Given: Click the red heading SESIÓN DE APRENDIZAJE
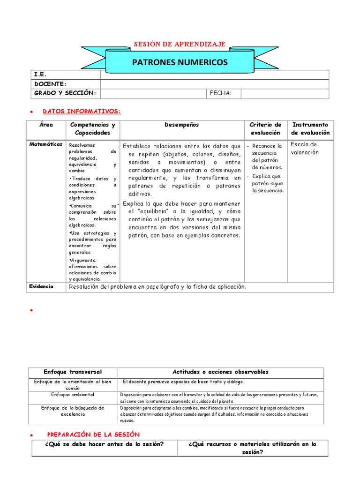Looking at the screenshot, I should pos(180,44).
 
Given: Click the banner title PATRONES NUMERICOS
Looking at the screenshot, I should pos(180,62).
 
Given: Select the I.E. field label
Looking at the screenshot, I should pos(40,75).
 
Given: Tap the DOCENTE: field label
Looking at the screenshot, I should pos(50,83).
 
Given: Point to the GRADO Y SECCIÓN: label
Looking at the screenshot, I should pos(65,93).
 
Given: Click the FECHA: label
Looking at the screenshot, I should pos(221,93).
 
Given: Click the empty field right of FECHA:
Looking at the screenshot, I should pos(285,93).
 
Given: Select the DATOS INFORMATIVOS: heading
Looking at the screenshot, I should pos(82,111).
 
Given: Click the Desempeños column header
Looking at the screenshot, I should pos(182,125).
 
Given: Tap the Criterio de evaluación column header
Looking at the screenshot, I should pos(265,128).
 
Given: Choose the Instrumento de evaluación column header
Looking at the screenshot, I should pos(310,128).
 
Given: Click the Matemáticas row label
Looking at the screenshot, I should pos(46,144).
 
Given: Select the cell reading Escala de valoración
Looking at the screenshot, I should pos(304,148).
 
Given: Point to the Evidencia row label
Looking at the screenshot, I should pos(41,286).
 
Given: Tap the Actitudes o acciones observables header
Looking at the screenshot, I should pos(220,372).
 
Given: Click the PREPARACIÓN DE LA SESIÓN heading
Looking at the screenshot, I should pos(93,435).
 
